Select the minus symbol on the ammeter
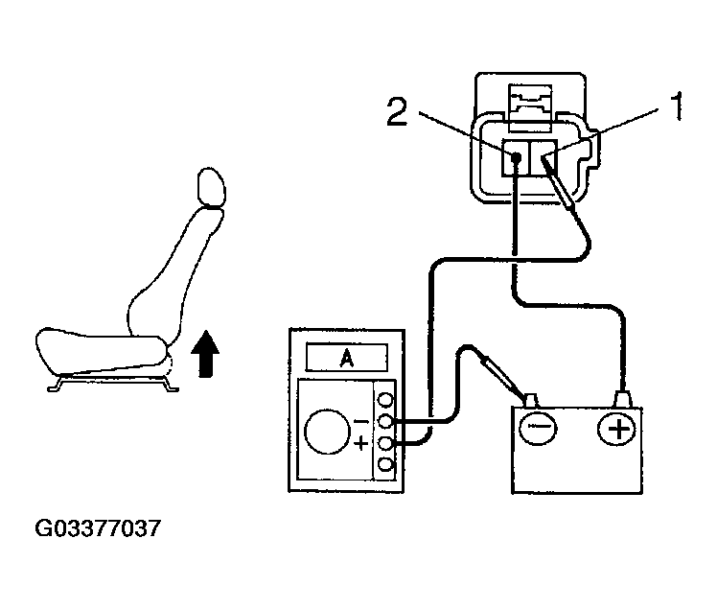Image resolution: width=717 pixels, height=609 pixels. (x=360, y=420)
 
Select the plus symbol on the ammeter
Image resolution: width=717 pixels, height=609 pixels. (x=360, y=443)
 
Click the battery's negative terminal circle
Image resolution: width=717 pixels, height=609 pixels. (x=536, y=427)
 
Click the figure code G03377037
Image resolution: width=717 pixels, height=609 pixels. (x=97, y=528)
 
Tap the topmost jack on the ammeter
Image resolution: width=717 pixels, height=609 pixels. (x=385, y=399)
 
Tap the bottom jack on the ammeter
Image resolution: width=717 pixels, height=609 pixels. (x=385, y=464)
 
